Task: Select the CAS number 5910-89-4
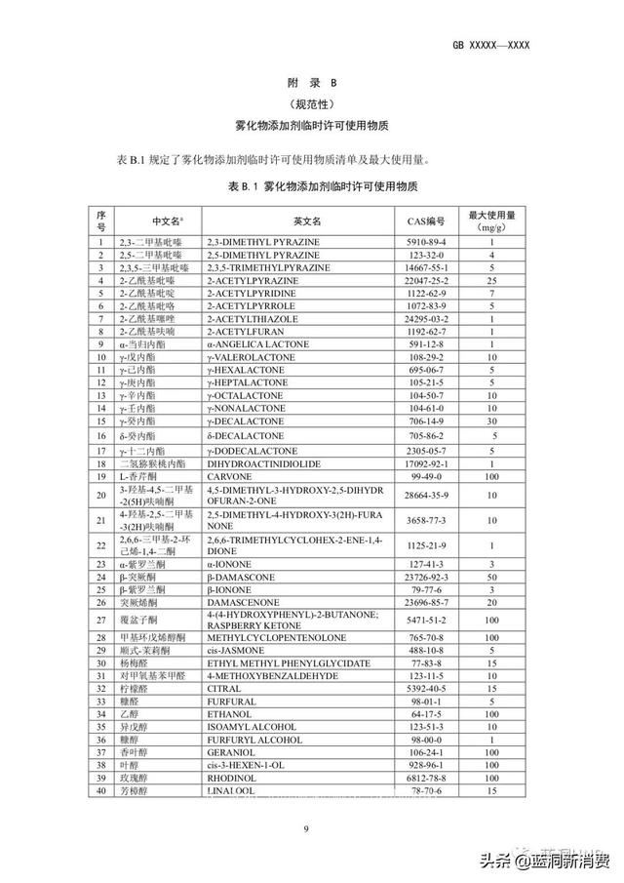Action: tap(425, 241)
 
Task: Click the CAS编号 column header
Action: tap(425, 221)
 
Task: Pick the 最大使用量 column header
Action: tap(493, 221)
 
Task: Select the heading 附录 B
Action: tap(312, 84)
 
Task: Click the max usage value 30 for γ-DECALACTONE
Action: tap(493, 421)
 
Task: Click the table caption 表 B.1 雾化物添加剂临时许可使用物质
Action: tap(312, 185)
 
